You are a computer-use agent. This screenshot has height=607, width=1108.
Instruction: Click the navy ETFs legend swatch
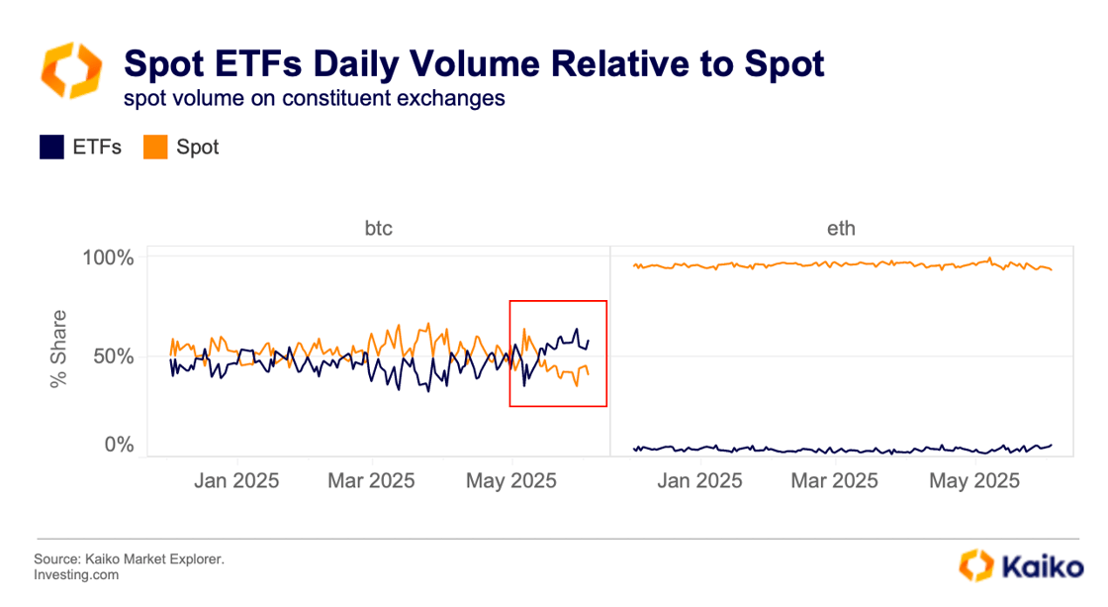tap(51, 148)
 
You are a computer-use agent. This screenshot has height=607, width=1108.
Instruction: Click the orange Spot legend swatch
tap(156, 148)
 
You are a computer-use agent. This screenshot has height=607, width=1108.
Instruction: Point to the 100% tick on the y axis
tap(106, 257)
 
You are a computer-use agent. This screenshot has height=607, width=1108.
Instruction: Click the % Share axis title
tap(59, 351)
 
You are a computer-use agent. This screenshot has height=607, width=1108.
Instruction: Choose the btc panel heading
tap(378, 229)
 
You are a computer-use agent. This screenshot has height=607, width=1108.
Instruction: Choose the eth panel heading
tap(841, 229)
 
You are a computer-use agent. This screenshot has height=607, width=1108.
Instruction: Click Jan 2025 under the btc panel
tap(236, 481)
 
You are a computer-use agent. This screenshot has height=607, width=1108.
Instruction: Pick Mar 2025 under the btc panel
tap(371, 481)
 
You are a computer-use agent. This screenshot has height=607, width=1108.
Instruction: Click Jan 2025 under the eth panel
tap(701, 481)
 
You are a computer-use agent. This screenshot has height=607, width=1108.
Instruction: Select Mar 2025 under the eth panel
tap(836, 481)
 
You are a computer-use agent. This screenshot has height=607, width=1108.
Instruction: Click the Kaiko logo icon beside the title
tap(70, 70)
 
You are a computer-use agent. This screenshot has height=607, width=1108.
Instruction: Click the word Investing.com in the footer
tap(76, 574)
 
